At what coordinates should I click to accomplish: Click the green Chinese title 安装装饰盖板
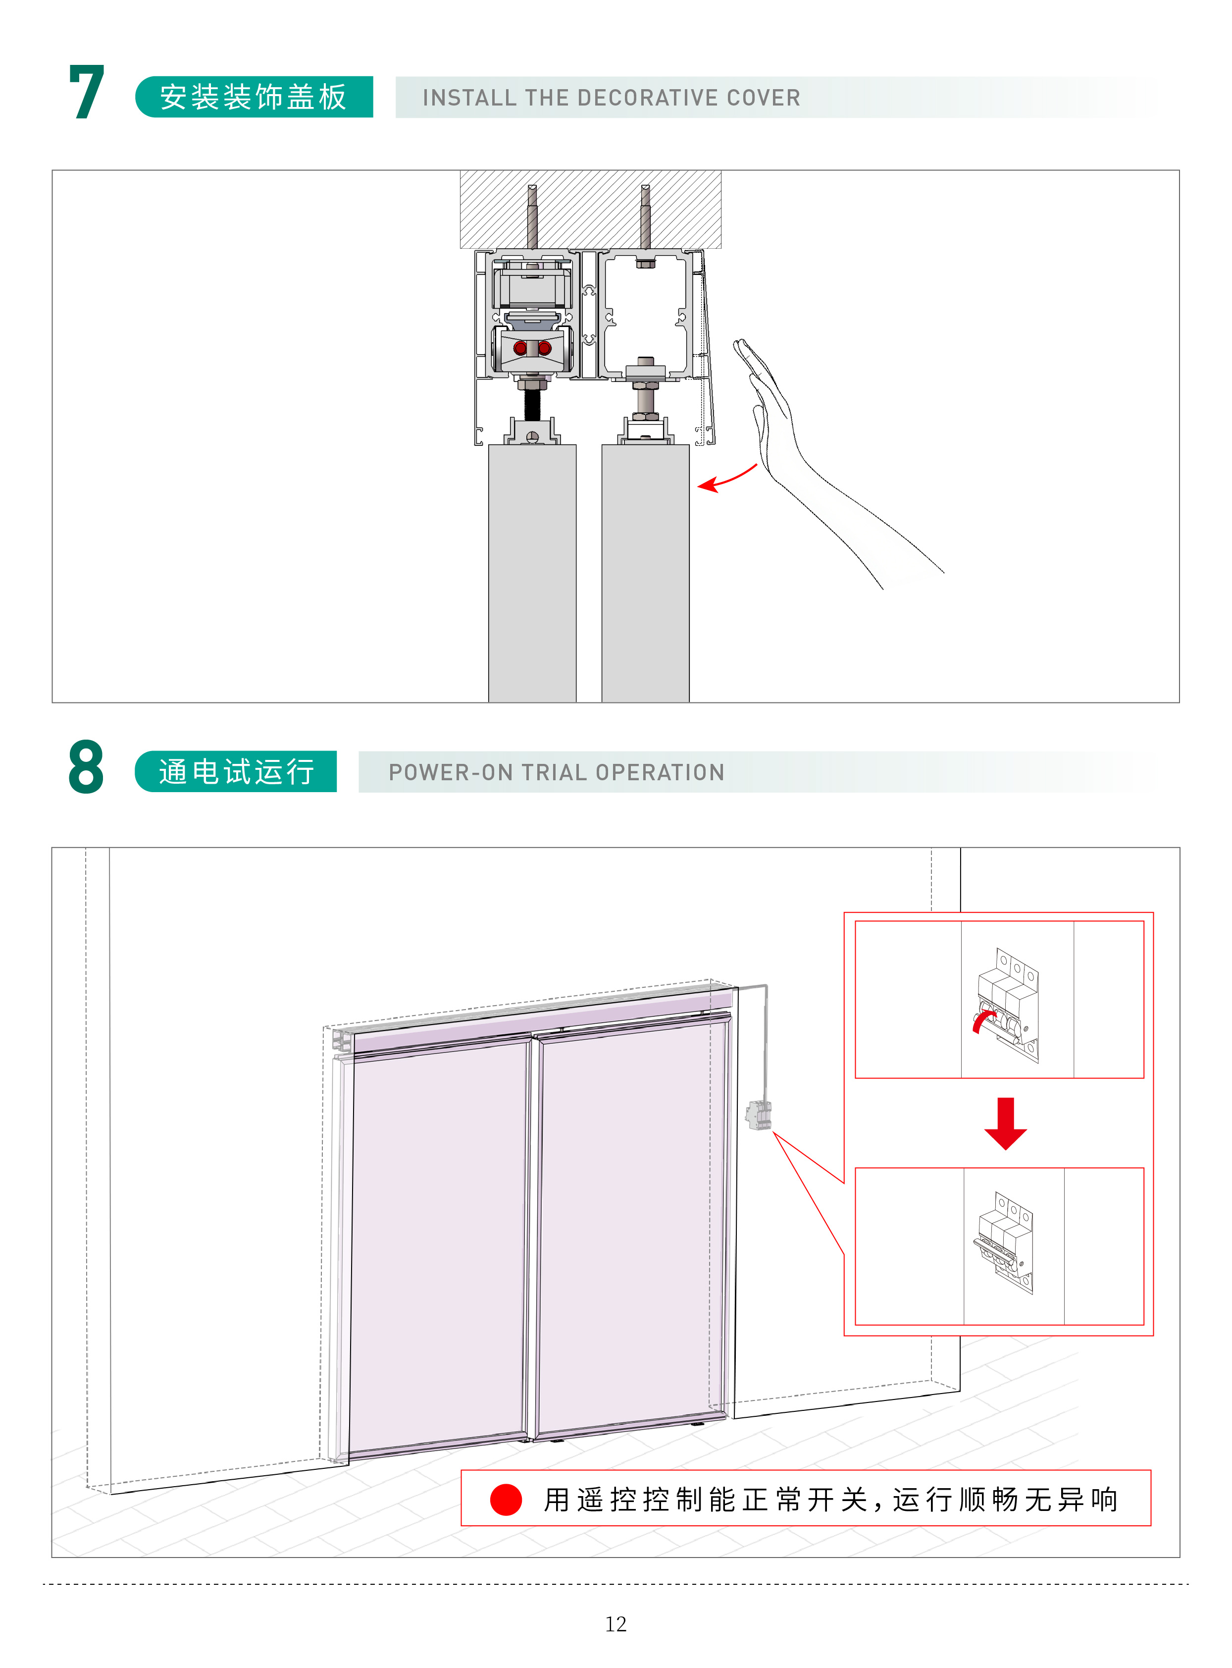pyautogui.click(x=254, y=97)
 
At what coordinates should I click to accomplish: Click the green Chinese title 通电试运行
pyautogui.click(x=236, y=771)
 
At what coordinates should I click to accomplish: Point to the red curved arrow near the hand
pyautogui.click(x=727, y=479)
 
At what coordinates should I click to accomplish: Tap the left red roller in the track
pyautogui.click(x=520, y=348)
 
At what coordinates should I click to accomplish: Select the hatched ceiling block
pyautogui.click(x=590, y=210)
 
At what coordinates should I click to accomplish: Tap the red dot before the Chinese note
pyautogui.click(x=506, y=1500)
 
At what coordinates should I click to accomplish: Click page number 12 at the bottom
pyautogui.click(x=615, y=1624)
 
